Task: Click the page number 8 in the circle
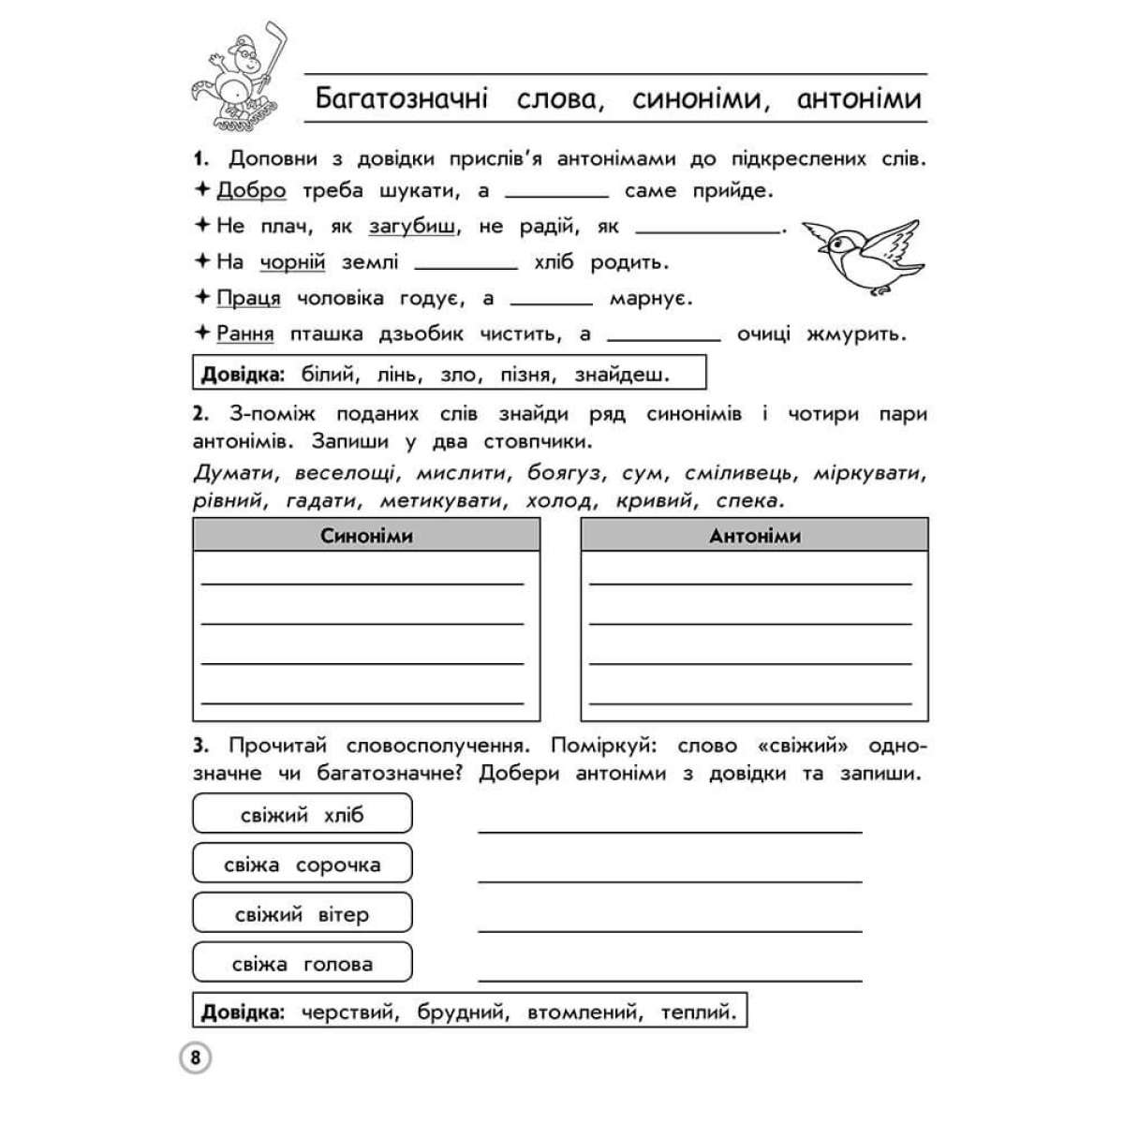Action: [194, 1058]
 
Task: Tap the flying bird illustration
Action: [862, 257]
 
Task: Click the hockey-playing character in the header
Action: [238, 84]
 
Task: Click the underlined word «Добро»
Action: [251, 191]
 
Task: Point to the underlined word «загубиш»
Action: [413, 227]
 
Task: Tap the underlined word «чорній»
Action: [292, 262]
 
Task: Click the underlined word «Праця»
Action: [248, 299]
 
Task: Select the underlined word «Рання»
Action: [244, 333]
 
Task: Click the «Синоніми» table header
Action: [366, 536]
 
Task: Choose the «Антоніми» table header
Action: [754, 536]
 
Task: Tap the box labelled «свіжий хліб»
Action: [302, 814]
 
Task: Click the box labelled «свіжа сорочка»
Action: [302, 864]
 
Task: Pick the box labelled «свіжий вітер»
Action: [302, 913]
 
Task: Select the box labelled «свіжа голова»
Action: [302, 963]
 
